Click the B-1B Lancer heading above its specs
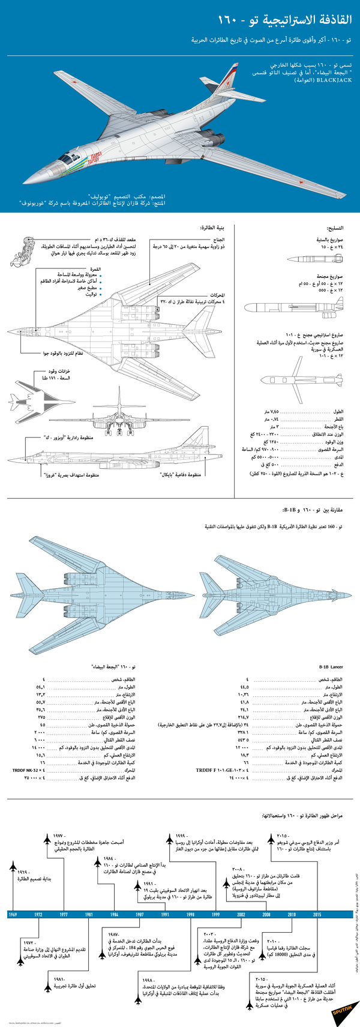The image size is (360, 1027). click(331, 667)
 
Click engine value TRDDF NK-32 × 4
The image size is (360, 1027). click(26, 770)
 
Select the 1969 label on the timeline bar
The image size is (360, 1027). click(13, 914)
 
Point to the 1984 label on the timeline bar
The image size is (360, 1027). click(114, 914)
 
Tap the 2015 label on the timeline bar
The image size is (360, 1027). click(317, 914)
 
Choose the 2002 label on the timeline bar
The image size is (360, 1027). click(241, 914)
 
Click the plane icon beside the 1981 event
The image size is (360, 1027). click(47, 984)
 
